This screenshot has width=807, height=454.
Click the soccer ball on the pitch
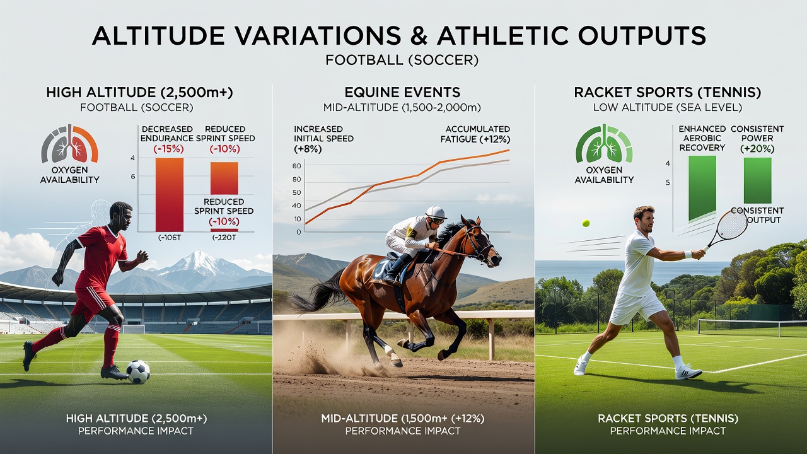point(138,372)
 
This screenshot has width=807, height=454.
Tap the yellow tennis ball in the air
point(586,223)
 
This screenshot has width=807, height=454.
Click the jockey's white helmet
point(436,212)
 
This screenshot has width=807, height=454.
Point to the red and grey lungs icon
point(69,144)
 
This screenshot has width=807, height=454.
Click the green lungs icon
point(604,144)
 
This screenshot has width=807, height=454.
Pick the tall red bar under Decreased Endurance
point(170,195)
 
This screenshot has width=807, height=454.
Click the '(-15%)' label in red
point(168,149)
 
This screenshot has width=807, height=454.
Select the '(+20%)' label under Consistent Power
point(757,149)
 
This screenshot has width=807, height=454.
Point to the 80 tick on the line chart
point(297,166)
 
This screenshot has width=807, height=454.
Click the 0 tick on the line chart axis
point(299,233)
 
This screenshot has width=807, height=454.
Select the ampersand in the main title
point(419,36)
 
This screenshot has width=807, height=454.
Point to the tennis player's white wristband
point(688,254)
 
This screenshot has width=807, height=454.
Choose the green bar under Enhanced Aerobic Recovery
point(702,188)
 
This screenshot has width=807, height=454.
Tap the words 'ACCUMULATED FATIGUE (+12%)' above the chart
point(475,134)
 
